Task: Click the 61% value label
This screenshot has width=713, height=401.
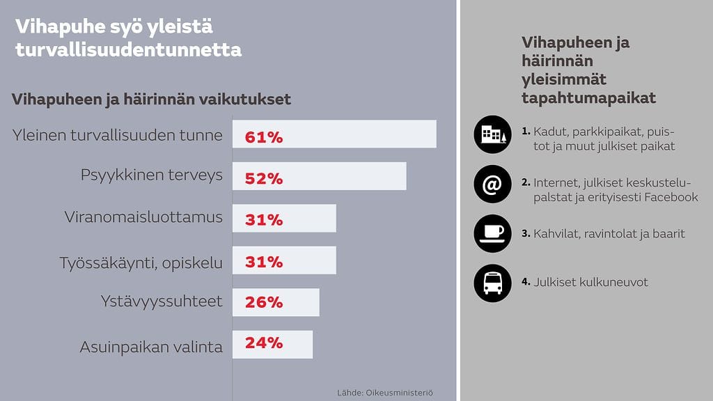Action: [x=264, y=137]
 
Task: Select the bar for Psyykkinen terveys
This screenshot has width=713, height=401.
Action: [x=319, y=176]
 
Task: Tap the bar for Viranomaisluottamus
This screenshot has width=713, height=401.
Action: [x=284, y=219]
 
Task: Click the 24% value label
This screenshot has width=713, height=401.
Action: [x=264, y=343]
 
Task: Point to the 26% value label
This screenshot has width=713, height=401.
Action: [x=264, y=303]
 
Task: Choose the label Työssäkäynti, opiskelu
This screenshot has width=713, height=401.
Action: [x=141, y=262]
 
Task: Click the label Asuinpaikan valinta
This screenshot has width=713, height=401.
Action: [x=151, y=347]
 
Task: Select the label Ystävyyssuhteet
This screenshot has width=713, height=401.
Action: [x=162, y=301]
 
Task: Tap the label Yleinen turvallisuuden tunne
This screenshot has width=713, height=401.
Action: [x=118, y=135]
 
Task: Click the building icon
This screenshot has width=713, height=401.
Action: [x=492, y=134]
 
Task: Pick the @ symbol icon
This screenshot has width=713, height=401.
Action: [x=492, y=184]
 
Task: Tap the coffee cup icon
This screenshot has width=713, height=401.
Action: [x=492, y=233]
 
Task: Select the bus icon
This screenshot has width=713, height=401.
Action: [x=492, y=282]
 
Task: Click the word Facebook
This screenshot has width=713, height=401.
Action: [x=671, y=197]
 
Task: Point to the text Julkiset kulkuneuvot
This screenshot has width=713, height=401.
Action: [x=590, y=282]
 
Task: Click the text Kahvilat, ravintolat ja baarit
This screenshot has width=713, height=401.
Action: [x=609, y=233]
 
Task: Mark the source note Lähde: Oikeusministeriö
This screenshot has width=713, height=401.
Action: [x=385, y=393]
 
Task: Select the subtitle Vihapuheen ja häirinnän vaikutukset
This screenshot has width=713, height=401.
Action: [x=151, y=100]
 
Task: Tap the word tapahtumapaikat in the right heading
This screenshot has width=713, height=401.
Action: [x=588, y=97]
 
